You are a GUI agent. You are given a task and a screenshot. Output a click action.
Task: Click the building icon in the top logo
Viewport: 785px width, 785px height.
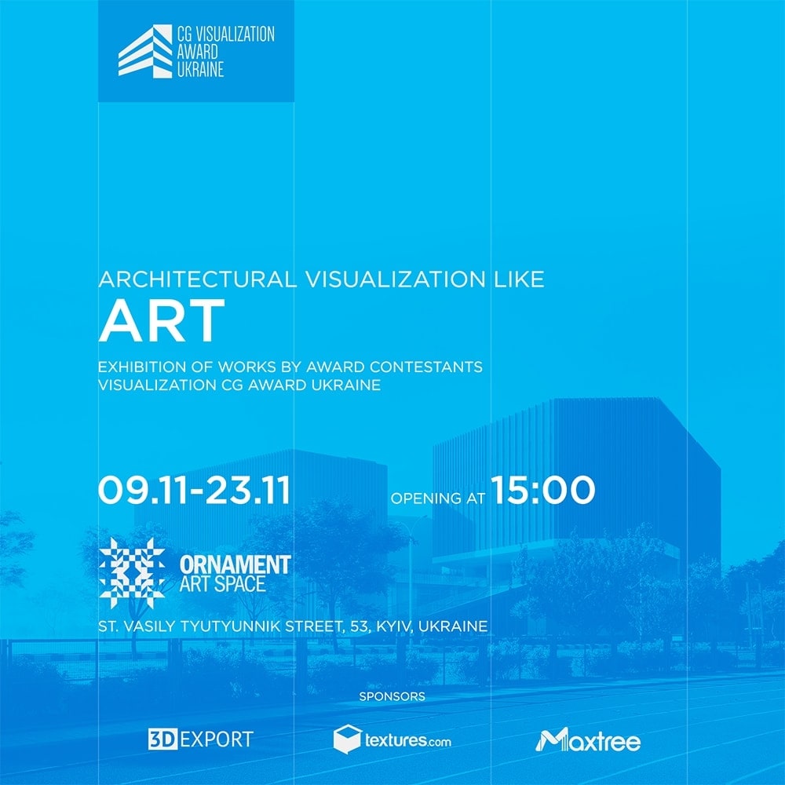(x=145, y=51)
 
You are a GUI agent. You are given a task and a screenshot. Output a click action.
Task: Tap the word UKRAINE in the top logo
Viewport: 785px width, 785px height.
(x=200, y=70)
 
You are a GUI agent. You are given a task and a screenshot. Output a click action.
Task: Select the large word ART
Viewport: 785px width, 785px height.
(x=161, y=321)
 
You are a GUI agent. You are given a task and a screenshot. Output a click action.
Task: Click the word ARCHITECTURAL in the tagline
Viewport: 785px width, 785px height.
(x=197, y=279)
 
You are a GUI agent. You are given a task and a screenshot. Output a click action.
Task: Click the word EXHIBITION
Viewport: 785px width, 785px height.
(x=142, y=367)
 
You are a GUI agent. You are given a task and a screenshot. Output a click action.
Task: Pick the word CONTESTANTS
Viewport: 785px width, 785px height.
(x=426, y=367)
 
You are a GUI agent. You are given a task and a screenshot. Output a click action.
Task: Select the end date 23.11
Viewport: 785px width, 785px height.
(x=248, y=490)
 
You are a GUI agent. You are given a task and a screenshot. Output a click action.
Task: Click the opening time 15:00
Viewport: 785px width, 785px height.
(x=542, y=489)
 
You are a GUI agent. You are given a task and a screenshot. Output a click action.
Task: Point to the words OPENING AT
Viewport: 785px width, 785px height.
(x=438, y=498)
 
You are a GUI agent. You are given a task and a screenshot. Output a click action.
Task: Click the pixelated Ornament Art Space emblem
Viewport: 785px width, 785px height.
(x=132, y=573)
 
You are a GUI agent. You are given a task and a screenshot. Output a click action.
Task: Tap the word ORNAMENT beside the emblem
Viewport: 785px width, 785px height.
(x=235, y=564)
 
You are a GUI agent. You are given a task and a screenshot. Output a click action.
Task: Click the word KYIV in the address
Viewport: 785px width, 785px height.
(x=395, y=626)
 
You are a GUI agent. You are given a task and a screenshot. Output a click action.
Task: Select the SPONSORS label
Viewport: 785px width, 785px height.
(x=392, y=696)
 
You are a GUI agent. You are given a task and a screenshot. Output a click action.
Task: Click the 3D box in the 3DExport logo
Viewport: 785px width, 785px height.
(x=162, y=739)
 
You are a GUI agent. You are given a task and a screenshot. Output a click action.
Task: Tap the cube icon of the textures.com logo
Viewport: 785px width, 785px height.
(x=348, y=739)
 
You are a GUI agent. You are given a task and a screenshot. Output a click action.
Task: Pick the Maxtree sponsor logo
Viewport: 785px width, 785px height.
(x=588, y=739)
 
